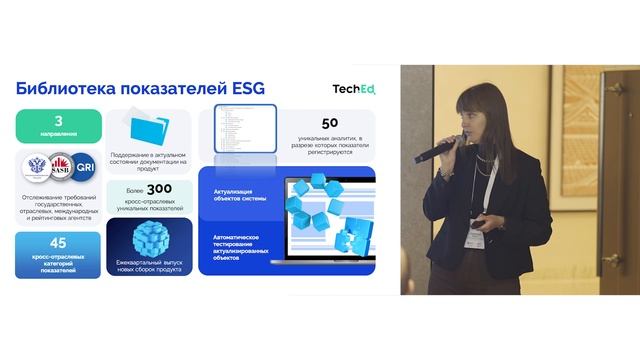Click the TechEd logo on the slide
click(x=354, y=91)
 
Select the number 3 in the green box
click(x=58, y=122)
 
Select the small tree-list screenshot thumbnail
click(x=232, y=133)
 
